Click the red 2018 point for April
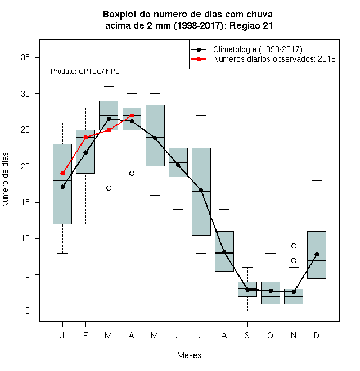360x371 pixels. (x=132, y=115)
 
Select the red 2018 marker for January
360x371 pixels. (x=62, y=174)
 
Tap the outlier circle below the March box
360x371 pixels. (x=109, y=188)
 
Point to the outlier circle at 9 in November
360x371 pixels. (x=294, y=246)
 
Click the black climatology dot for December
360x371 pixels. (x=317, y=254)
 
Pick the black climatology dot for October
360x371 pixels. (x=271, y=291)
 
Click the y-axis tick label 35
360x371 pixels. (x=25, y=57)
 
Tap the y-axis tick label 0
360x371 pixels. (x=28, y=311)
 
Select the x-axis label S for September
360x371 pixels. (x=247, y=335)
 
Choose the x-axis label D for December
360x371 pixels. (x=317, y=335)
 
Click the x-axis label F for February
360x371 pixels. (x=85, y=335)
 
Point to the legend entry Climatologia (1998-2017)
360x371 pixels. (x=258, y=49)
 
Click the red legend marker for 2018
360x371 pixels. (x=199, y=59)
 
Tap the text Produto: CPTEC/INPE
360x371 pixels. (x=85, y=71)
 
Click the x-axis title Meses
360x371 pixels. (x=189, y=355)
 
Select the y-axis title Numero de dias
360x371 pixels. (x=5, y=180)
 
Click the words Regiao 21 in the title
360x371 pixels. (x=251, y=25)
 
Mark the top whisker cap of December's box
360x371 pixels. (x=317, y=181)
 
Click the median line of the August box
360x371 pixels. (x=224, y=253)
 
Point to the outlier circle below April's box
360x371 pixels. (x=132, y=174)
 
